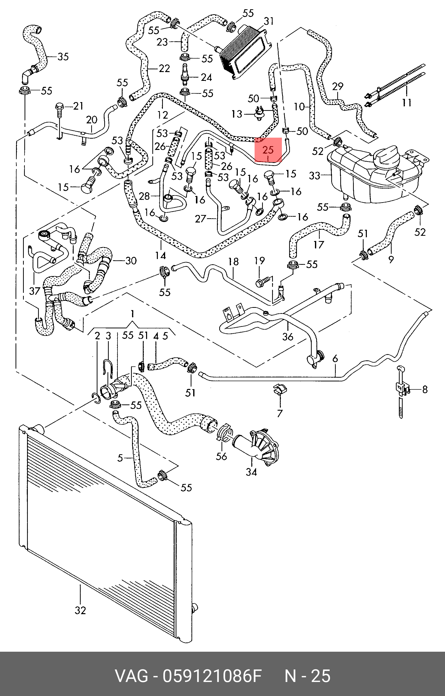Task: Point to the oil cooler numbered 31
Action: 246,52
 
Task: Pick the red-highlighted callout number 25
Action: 268,150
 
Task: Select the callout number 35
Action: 63,56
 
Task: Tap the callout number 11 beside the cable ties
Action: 407,102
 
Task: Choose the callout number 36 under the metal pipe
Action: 288,336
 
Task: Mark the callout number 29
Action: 337,86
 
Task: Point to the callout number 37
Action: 34,291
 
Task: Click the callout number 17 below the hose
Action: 318,245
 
